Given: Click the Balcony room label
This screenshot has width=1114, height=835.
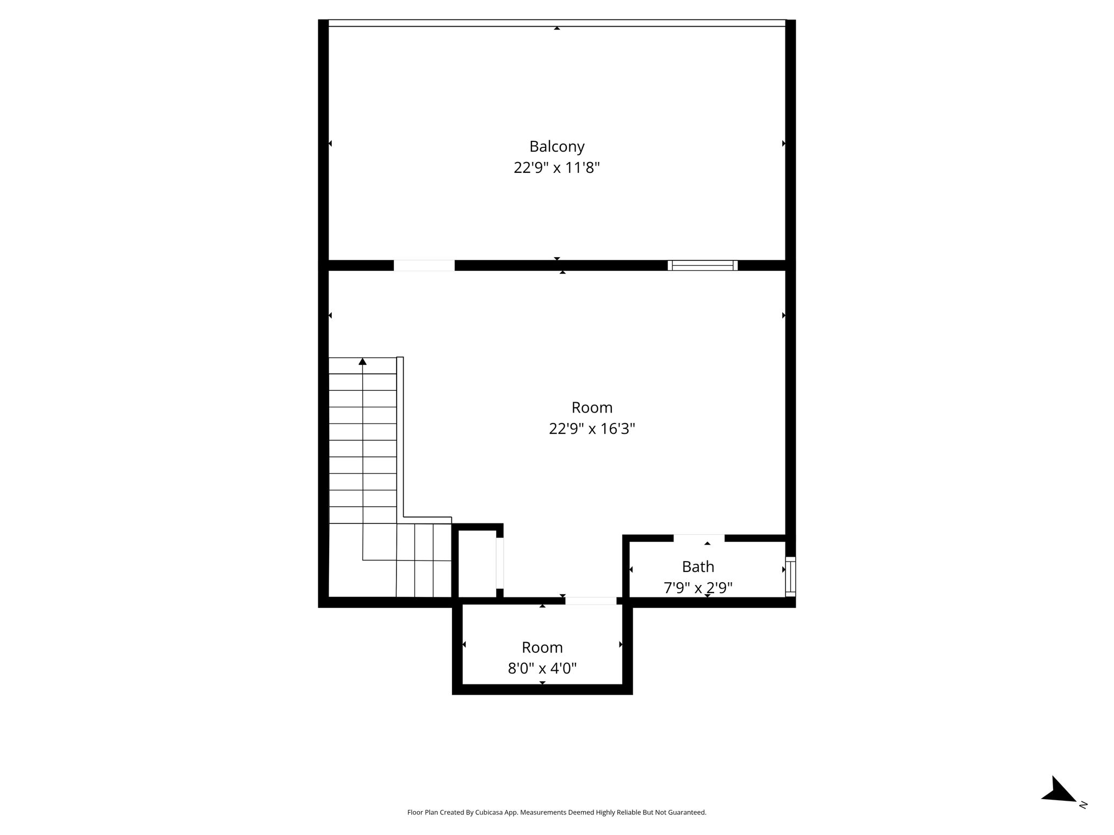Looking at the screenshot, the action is coord(557,147).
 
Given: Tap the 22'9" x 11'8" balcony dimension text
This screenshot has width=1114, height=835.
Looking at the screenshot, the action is coord(557,167).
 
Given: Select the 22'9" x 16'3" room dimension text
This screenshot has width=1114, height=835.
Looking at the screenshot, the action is coord(592,429).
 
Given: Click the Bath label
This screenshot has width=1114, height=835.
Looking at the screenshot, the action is coord(698,567).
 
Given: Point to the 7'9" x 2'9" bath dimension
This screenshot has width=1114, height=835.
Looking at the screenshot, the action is coord(698,588).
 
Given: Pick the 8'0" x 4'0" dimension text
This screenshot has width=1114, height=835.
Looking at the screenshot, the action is coord(542,668).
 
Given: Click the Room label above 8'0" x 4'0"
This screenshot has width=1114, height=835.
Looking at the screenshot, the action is coord(542,647).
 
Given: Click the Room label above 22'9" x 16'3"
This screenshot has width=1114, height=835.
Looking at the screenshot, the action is coord(592,408).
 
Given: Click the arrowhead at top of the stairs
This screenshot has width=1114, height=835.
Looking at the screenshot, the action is coord(363,362).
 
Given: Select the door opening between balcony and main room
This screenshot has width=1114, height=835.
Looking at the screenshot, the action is coord(424,266).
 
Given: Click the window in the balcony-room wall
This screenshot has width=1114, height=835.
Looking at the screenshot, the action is coord(703,266).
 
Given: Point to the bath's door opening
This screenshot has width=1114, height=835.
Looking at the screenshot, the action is coord(699,538).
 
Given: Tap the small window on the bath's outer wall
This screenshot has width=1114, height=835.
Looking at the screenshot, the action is coord(790,576).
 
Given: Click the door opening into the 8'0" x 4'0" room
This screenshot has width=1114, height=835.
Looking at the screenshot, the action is coord(591,601).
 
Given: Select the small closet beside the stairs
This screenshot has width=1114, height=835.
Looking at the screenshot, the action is coord(478,564).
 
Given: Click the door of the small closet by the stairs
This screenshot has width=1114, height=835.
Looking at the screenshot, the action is coord(500,563).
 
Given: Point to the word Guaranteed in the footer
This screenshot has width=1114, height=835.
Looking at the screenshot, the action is coord(688,812).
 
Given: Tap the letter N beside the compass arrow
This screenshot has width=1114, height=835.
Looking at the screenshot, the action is coord(1082,805).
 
